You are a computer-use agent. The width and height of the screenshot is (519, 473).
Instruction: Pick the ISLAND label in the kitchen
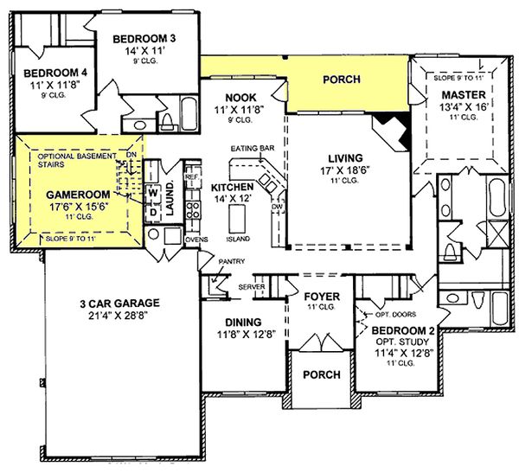[238, 238]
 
